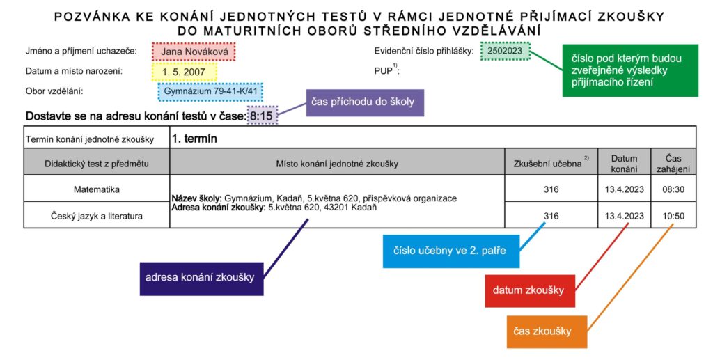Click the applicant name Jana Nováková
[x=194, y=52]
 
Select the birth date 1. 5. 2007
[x=184, y=72]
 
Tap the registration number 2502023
[x=505, y=50]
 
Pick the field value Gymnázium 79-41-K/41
[x=210, y=91]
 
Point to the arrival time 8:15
[x=262, y=116]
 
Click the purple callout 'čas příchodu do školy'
[x=365, y=103]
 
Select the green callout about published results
[x=629, y=70]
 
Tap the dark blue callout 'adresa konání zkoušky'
[x=201, y=279]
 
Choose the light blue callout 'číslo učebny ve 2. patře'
[x=450, y=251]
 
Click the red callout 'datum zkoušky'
[x=530, y=291]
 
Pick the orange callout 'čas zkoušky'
[x=547, y=332]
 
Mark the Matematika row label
[x=97, y=189]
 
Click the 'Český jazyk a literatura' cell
[x=96, y=216]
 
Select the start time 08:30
[x=673, y=189]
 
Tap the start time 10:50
[x=673, y=216]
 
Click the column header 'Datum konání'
[x=625, y=164]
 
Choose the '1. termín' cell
[x=194, y=139]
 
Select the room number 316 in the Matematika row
[x=551, y=189]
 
